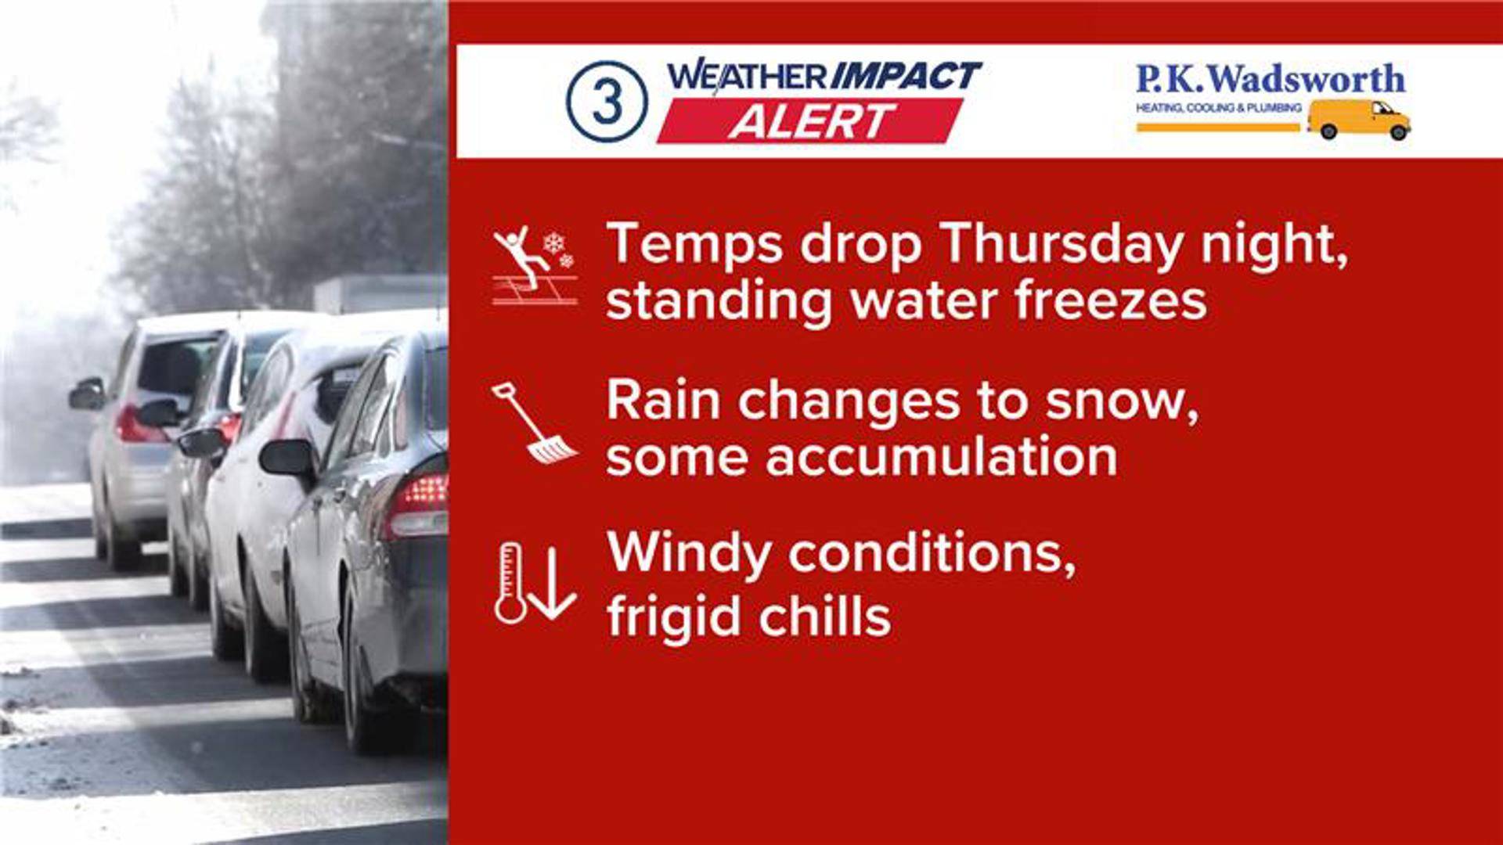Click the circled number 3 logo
pyautogui.click(x=607, y=101)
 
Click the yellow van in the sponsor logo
pyautogui.click(x=1359, y=119)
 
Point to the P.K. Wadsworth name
pyautogui.click(x=1270, y=79)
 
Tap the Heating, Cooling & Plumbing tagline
pyautogui.click(x=1219, y=107)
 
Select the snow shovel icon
pyautogui.click(x=534, y=422)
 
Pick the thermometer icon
pyautogui.click(x=510, y=583)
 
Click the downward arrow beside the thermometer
pyautogui.click(x=553, y=583)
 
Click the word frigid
pyautogui.click(x=672, y=617)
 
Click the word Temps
pyautogui.click(x=694, y=246)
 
